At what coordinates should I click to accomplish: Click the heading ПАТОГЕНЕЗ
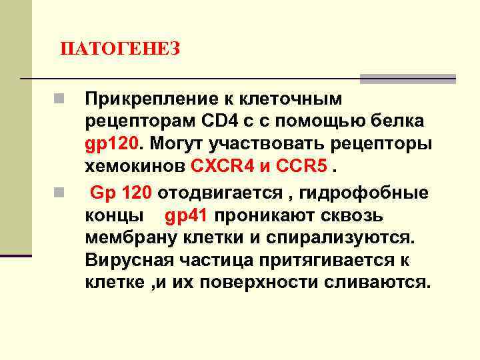click(x=120, y=49)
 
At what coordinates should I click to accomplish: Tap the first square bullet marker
click(x=59, y=100)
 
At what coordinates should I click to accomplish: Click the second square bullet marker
click(x=59, y=195)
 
